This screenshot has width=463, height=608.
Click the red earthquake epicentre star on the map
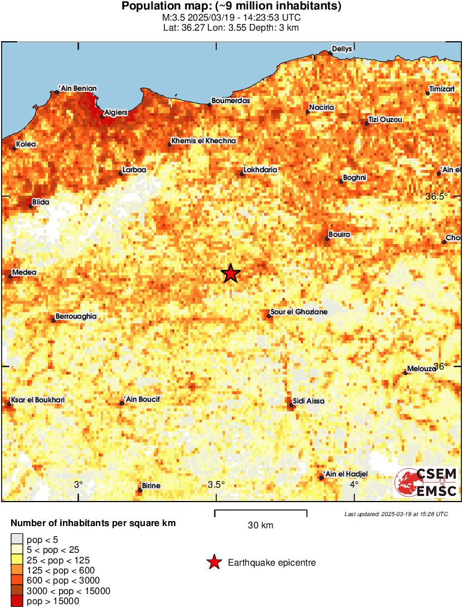(230, 274)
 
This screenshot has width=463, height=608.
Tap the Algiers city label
(116, 112)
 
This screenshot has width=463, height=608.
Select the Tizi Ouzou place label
(385, 120)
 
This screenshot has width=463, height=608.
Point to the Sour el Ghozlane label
(299, 312)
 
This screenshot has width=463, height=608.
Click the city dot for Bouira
(327, 239)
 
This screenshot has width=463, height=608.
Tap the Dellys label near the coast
(342, 49)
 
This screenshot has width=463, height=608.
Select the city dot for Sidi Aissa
(291, 405)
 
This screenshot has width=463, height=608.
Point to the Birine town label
(151, 486)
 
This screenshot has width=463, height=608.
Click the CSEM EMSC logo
(426, 483)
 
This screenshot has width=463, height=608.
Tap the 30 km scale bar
(260, 510)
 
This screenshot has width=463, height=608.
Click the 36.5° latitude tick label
(437, 196)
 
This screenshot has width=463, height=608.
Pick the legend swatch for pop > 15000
(17, 601)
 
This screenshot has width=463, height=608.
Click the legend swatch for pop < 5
(17, 539)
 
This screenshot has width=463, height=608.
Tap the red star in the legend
(213, 563)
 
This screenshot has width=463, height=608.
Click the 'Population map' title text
(231, 7)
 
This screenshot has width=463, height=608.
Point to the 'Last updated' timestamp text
(396, 513)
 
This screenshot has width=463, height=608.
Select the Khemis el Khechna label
(204, 141)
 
